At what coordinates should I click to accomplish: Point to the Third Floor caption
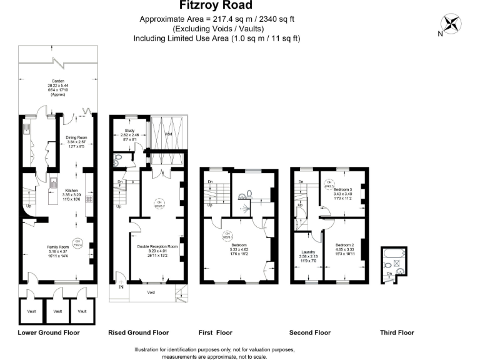tap(397, 332)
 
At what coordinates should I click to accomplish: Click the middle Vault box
tap(57, 311)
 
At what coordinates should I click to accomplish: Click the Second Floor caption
tap(310, 332)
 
